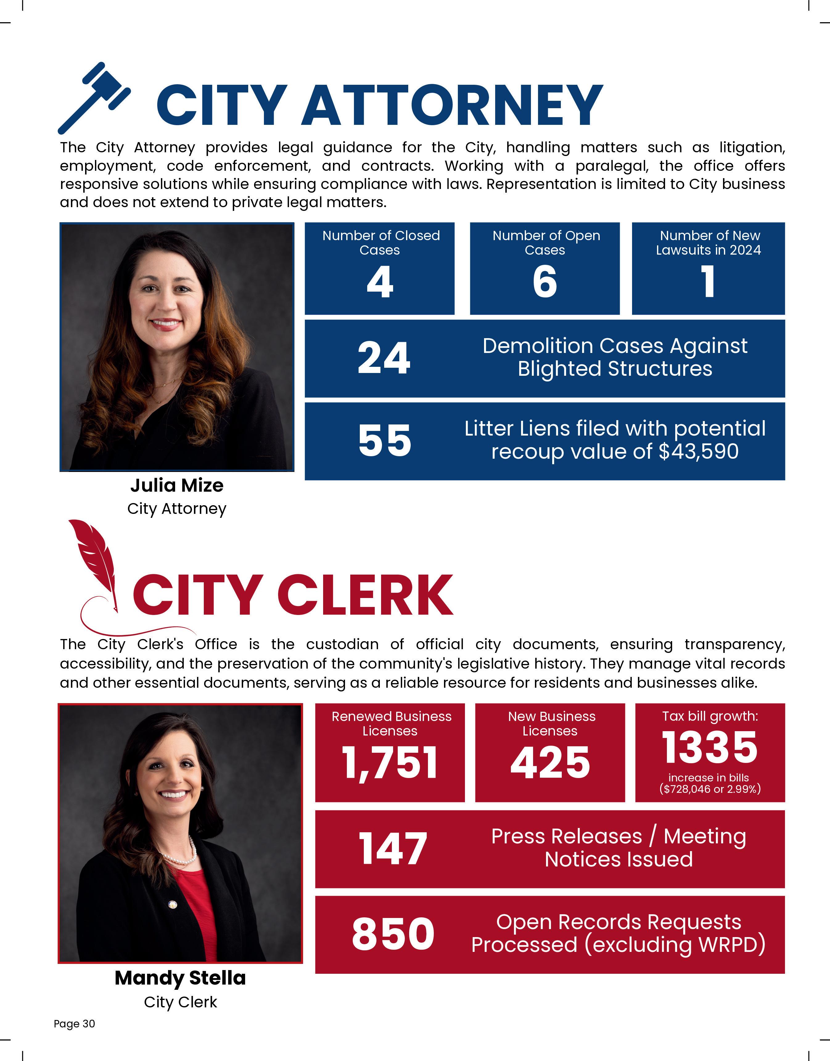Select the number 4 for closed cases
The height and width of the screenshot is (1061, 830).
(x=380, y=282)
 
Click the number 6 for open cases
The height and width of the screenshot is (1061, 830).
(x=545, y=282)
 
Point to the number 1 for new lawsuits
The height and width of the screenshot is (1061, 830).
(x=709, y=282)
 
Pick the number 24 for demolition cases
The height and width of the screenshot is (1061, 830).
(x=384, y=358)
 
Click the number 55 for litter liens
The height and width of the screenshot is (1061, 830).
(x=384, y=440)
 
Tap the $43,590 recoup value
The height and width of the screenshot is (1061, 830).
(x=698, y=451)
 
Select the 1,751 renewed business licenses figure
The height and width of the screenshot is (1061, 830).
(x=390, y=762)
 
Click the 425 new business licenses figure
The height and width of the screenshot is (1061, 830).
(x=550, y=762)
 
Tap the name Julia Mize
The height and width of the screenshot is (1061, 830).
(x=177, y=485)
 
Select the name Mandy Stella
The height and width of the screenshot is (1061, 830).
(x=180, y=978)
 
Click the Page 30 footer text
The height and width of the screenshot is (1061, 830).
(x=74, y=1024)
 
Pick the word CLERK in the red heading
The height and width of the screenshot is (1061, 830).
(x=365, y=595)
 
